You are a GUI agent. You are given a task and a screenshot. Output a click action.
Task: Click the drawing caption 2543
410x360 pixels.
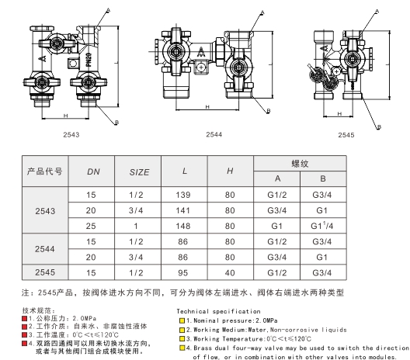pos(71,135)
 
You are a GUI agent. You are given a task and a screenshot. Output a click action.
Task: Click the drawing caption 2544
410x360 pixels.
pos(214,134)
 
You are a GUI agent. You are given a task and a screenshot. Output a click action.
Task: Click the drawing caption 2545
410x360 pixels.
pos(346,135)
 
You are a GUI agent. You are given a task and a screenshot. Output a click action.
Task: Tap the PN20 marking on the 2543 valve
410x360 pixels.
pos(89,60)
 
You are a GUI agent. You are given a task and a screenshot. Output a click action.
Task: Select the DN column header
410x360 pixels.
pos(93,171)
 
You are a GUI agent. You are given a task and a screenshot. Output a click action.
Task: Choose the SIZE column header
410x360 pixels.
pos(139,172)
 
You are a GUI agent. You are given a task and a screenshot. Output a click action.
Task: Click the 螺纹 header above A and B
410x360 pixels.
pos(300,164)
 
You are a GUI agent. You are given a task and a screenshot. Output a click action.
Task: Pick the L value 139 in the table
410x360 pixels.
pos(183,195)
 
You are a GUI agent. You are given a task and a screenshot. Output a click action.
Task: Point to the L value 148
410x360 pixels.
pos(183,226)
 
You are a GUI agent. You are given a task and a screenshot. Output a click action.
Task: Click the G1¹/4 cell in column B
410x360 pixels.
pos(322,226)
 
